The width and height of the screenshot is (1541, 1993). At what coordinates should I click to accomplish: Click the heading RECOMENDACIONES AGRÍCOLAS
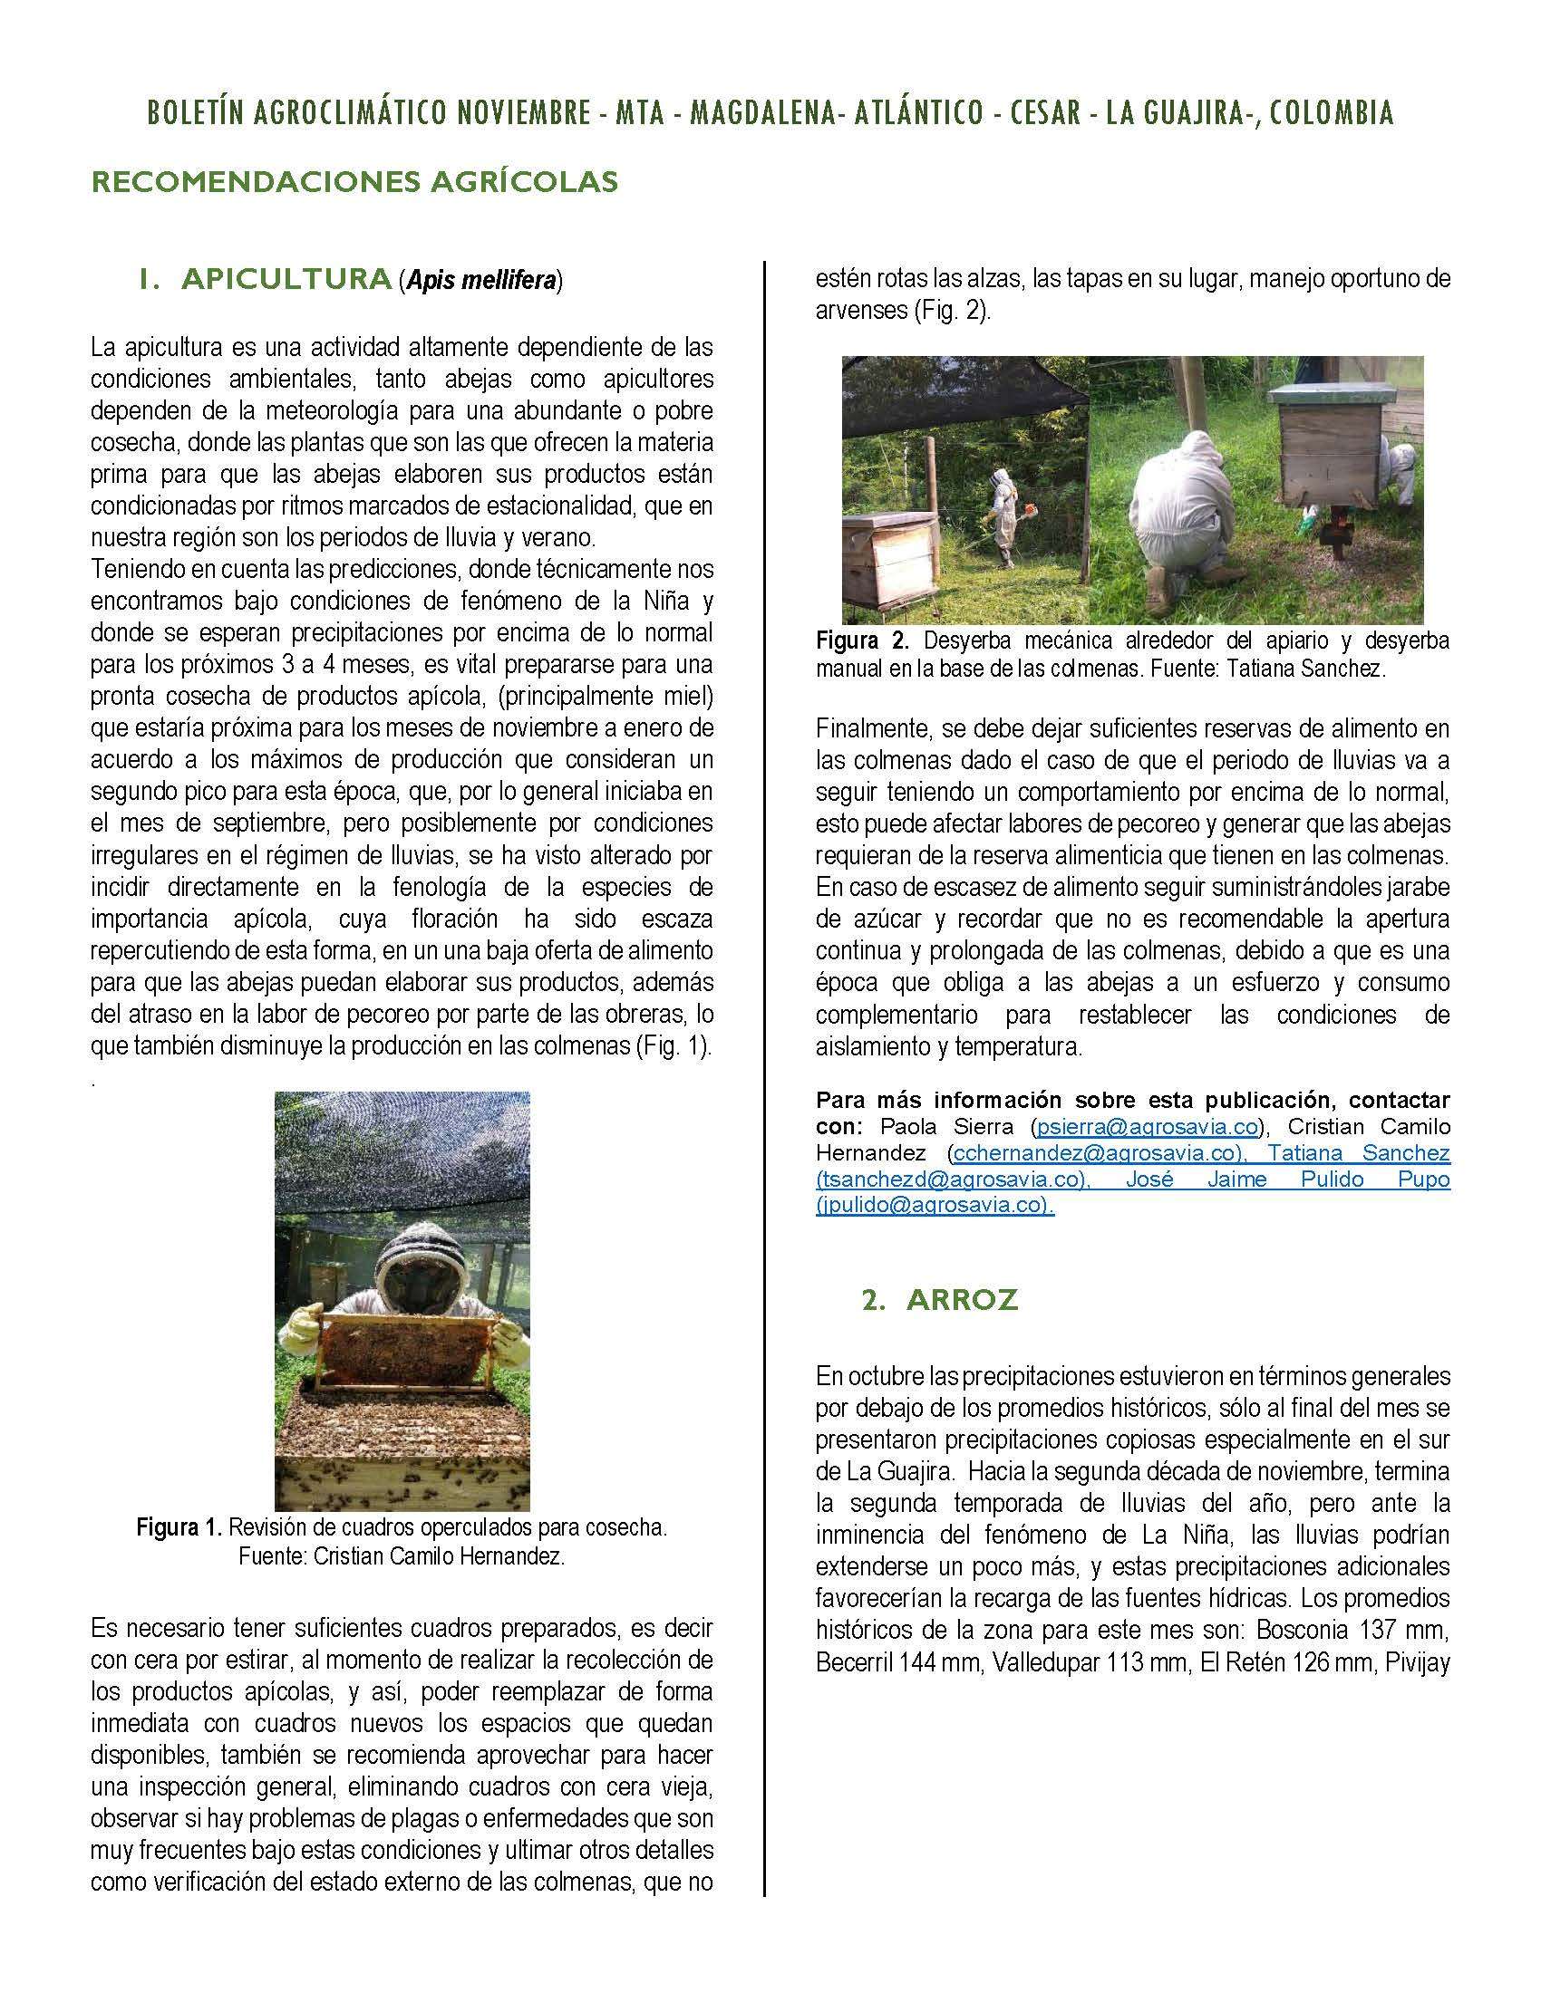355,181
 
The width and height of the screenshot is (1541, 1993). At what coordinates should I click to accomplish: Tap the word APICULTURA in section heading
286,278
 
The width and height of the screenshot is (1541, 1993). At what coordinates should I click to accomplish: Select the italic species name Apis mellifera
481,280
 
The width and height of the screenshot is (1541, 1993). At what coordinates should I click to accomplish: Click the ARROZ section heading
961,1299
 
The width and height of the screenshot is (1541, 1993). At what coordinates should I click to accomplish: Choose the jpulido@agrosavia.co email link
933,1205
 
